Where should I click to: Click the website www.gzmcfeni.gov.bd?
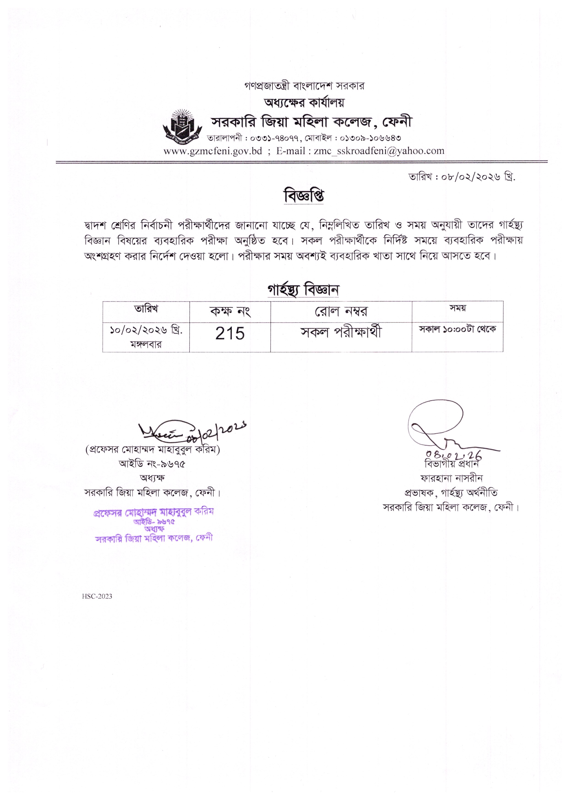(213, 151)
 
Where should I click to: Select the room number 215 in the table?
(230, 333)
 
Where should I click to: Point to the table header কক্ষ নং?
(230, 311)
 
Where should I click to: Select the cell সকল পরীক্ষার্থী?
(341, 332)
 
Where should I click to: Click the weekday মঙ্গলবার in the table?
(146, 344)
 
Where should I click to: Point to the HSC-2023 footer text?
(97, 596)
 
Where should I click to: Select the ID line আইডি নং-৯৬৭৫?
(152, 464)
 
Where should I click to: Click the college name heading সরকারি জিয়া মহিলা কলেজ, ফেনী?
(311, 122)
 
